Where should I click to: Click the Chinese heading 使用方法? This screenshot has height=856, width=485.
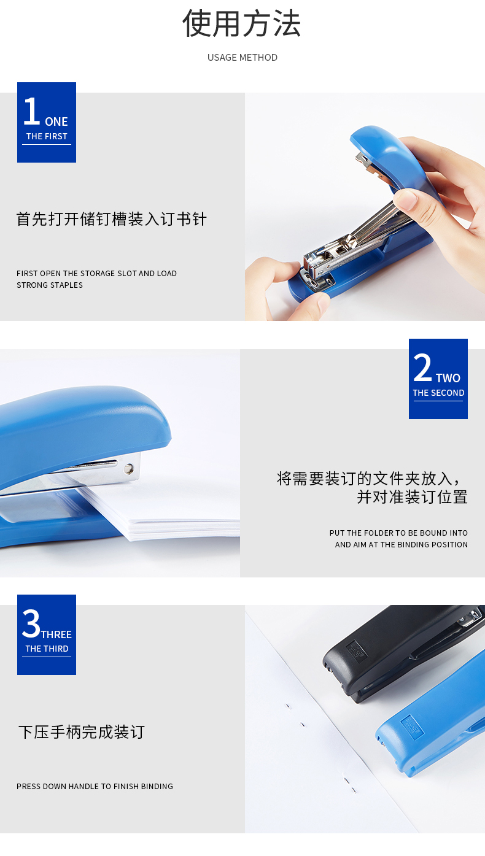[241, 24]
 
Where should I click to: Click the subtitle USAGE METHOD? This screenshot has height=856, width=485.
[243, 58]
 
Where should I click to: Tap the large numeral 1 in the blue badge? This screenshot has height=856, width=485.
[32, 111]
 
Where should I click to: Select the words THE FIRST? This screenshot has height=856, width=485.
[47, 136]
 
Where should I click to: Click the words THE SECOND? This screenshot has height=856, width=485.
[438, 393]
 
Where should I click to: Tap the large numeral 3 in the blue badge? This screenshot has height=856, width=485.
[31, 623]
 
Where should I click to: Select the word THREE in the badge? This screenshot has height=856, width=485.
[56, 634]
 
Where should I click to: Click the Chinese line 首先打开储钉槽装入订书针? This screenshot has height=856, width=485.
[112, 219]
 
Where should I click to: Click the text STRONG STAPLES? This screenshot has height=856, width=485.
[50, 285]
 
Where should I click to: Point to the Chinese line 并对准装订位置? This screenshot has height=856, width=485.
[412, 497]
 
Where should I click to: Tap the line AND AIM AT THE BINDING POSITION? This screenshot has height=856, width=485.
[402, 544]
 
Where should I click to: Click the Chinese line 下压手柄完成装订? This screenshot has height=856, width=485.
[82, 732]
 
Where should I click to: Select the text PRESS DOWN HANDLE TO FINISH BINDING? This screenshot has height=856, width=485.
[95, 787]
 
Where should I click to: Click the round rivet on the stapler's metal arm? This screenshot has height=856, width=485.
[129, 468]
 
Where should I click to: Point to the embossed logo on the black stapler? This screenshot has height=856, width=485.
[357, 652]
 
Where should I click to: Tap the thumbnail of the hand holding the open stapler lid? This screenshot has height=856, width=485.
[365, 207]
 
